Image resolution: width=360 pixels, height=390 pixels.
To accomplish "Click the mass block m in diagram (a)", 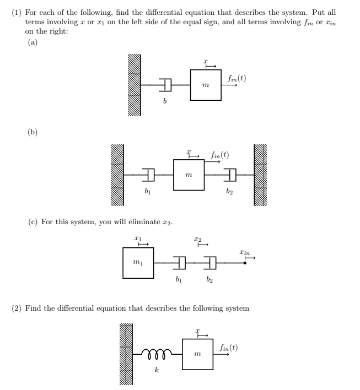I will [206, 85].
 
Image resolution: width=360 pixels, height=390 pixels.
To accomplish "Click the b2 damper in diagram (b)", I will [232, 175].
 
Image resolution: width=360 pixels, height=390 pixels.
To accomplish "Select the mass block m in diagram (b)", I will [189, 175].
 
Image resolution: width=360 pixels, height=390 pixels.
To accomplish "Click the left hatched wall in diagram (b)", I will [117, 175].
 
